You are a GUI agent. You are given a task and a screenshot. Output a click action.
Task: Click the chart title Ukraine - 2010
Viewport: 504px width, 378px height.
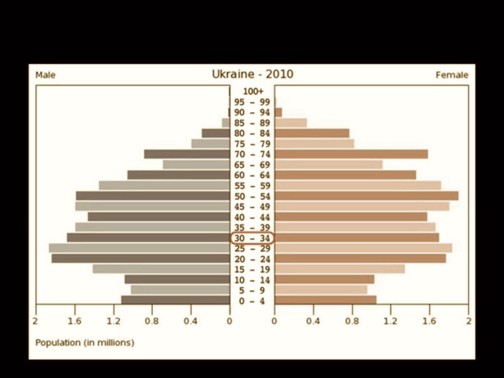(252, 74)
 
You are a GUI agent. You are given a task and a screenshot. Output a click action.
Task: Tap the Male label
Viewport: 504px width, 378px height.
(45, 75)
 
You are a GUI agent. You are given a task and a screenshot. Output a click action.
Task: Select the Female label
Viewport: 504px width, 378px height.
(452, 75)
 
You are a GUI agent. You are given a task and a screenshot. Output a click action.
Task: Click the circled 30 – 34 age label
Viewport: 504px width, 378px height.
(252, 238)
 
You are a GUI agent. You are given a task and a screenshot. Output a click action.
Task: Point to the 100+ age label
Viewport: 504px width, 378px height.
(253, 92)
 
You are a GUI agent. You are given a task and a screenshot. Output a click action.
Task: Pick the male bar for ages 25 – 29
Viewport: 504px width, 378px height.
(139, 248)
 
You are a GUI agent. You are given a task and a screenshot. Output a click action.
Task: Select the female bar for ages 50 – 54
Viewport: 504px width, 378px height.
(366, 196)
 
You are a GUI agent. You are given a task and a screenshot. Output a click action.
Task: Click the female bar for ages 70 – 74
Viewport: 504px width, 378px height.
(351, 154)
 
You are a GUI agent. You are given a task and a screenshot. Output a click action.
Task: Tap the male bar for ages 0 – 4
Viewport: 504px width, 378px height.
(176, 300)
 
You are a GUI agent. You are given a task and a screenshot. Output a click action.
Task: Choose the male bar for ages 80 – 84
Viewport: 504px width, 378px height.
(216, 133)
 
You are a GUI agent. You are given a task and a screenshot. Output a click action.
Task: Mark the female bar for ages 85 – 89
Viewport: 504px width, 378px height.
(290, 123)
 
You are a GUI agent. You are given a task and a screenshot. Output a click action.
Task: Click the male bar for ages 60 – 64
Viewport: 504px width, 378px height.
(179, 175)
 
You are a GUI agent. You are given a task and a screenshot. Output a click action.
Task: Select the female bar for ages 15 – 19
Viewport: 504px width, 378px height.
(340, 269)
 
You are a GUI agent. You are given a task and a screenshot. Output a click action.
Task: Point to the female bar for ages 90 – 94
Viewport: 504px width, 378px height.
(278, 112)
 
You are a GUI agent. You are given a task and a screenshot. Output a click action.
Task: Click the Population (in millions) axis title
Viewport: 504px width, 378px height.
(85, 343)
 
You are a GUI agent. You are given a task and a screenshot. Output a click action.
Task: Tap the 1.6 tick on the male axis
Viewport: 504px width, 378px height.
(75, 321)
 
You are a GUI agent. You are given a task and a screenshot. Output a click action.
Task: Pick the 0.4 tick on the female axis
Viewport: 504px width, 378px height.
(313, 321)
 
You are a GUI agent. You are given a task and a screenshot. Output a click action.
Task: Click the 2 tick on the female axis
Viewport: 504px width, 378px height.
(468, 321)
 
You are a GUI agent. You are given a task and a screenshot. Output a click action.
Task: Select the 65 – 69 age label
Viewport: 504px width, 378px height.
(252, 165)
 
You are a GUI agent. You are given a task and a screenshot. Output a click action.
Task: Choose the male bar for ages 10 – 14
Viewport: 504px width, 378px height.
(177, 280)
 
